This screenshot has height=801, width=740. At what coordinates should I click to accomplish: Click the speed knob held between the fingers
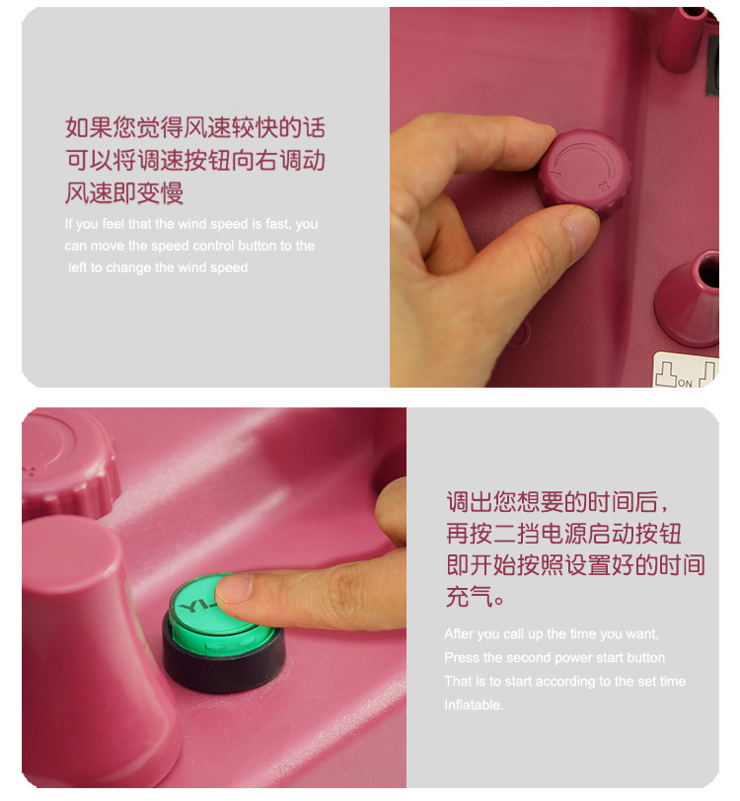click(583, 174)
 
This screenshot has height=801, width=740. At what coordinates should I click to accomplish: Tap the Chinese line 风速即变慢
click(124, 191)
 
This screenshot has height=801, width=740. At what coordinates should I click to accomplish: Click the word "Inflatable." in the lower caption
click(474, 704)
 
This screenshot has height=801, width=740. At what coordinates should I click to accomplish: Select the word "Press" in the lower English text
click(461, 657)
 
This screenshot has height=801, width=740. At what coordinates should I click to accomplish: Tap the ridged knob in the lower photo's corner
click(64, 464)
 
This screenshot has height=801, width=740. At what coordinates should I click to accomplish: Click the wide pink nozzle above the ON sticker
click(691, 296)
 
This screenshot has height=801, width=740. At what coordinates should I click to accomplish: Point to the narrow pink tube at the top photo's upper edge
click(681, 35)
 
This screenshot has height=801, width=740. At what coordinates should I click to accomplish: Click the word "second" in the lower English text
click(533, 657)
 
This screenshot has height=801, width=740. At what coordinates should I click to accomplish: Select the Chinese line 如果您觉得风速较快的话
click(194, 128)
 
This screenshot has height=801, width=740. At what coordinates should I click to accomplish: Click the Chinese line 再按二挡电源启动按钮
click(563, 534)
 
